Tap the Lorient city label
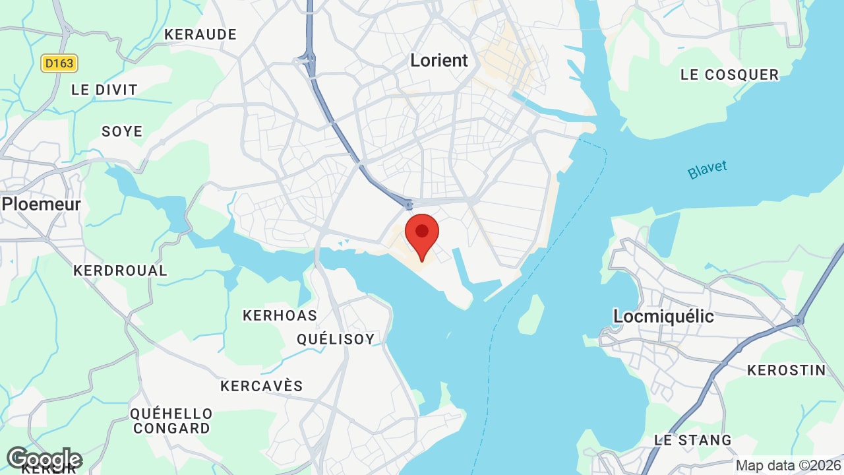[439, 60]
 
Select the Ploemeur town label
[41, 204]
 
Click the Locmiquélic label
[663, 316]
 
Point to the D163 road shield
[59, 63]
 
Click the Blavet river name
[707, 169]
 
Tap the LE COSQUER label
[729, 75]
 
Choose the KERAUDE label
[200, 34]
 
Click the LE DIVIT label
[104, 90]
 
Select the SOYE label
[122, 131]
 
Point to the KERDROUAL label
[120, 270]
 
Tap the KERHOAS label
[280, 315]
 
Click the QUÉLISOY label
[336, 339]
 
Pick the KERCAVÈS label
[262, 386]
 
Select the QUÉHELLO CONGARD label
[171, 421]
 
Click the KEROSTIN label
[786, 370]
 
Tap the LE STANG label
[692, 439]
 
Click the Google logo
[44, 459]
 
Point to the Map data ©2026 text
[788, 465]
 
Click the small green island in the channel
[531, 314]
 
